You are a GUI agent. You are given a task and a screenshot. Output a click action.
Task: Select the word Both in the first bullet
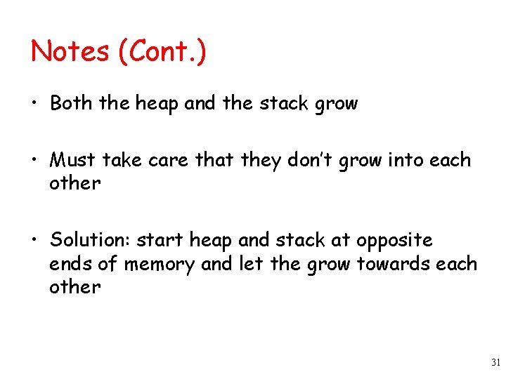coord(71,104)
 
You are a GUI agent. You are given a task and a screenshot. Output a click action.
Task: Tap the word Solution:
coord(90,240)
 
